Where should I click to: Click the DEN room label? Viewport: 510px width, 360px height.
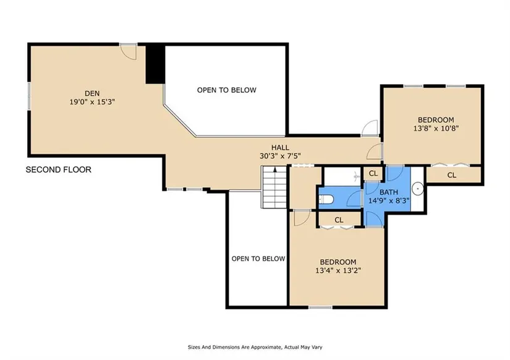click(92, 93)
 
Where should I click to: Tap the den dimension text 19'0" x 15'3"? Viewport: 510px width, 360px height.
click(92, 102)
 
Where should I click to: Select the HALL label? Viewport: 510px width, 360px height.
click(280, 147)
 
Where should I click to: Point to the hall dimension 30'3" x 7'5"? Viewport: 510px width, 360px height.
click(280, 156)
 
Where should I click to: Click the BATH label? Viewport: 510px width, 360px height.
click(389, 192)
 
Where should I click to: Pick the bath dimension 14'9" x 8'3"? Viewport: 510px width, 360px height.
click(389, 200)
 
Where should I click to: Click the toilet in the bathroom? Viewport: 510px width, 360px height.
click(325, 199)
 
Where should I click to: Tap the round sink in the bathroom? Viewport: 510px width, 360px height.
click(418, 189)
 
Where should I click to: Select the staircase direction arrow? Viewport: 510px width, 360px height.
click(275, 169)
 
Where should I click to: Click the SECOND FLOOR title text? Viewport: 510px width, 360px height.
click(59, 169)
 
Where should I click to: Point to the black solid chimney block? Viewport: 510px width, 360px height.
click(155, 64)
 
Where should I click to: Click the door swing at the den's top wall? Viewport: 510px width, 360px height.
click(128, 52)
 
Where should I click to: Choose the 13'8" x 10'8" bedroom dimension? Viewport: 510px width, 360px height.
click(436, 128)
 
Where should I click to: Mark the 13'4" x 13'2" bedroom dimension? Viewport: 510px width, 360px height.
click(338, 270)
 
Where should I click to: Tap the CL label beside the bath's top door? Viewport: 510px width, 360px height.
click(373, 173)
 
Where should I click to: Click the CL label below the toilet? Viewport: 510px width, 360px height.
click(339, 220)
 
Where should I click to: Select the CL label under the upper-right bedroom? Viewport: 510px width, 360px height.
click(452, 175)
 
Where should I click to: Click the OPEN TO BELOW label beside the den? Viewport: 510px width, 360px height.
click(227, 90)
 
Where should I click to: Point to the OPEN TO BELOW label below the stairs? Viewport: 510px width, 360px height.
click(258, 259)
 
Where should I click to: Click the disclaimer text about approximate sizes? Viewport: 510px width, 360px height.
click(255, 347)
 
